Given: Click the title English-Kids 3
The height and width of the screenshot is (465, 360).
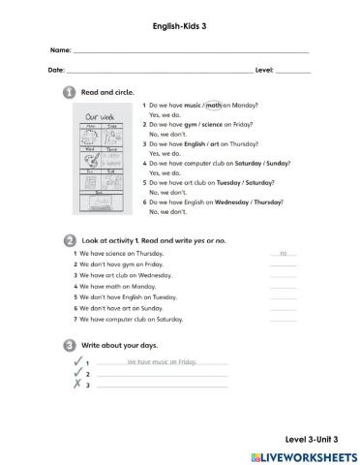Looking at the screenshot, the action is [x=179, y=17].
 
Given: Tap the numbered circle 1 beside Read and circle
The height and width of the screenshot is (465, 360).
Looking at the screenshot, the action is [x=70, y=92].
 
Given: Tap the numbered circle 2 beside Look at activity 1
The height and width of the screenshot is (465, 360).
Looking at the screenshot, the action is [x=70, y=238].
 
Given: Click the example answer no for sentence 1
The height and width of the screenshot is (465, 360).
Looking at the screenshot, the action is [x=284, y=252].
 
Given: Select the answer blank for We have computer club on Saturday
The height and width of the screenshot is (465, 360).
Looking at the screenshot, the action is [x=283, y=319].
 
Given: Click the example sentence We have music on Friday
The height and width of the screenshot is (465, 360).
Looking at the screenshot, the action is [x=161, y=361].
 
